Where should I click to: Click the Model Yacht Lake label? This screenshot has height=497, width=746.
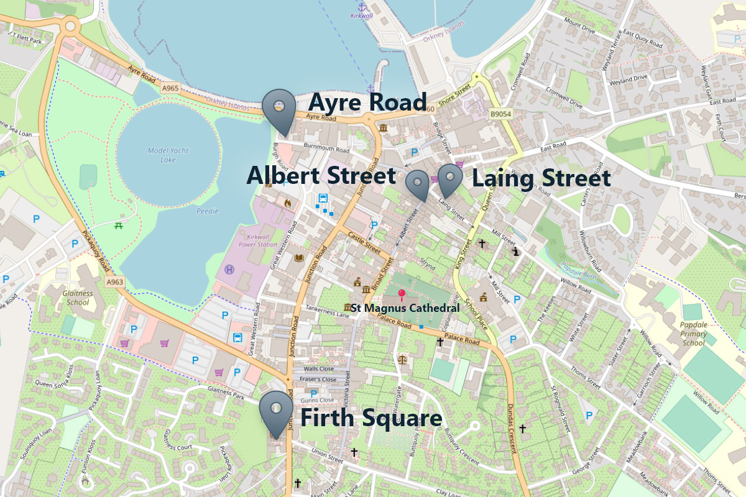(x=167, y=155)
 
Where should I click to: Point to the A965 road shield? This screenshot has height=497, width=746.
(x=170, y=89)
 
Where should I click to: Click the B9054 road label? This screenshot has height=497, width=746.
(x=499, y=114)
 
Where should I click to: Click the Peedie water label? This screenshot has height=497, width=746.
(x=208, y=211)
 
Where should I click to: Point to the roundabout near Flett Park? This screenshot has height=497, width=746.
(x=70, y=27)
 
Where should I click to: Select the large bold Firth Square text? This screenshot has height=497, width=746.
(x=371, y=418)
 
